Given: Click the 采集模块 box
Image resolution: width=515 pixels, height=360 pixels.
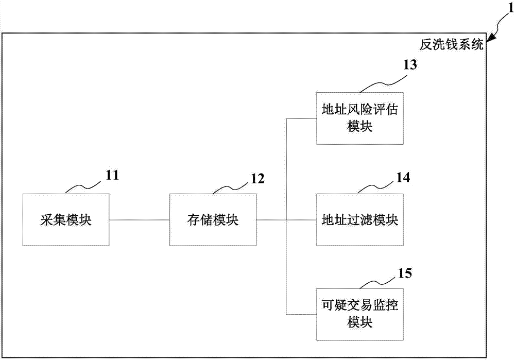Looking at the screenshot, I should (x=66, y=220).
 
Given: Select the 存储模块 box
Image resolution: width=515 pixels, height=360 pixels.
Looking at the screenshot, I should (x=213, y=220).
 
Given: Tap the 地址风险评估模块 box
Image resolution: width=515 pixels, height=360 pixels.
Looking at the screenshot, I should (x=359, y=118).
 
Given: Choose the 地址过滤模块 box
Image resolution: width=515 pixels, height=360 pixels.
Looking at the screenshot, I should (x=359, y=220).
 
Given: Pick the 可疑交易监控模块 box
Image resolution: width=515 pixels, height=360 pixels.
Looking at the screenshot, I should (x=359, y=314).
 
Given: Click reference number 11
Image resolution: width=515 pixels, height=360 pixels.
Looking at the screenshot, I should (x=112, y=175).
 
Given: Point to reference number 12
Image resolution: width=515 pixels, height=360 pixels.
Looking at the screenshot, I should (x=257, y=179).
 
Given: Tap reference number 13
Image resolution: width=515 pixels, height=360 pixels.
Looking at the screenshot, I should (x=410, y=64).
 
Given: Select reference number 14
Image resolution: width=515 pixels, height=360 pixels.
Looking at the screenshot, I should (x=403, y=178).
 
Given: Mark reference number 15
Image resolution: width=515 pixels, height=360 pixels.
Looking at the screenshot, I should (x=405, y=272).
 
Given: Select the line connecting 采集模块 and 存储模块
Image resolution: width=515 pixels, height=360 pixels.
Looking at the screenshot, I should (x=139, y=220).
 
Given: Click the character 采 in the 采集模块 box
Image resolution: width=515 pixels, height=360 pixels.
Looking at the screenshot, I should (x=45, y=220).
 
